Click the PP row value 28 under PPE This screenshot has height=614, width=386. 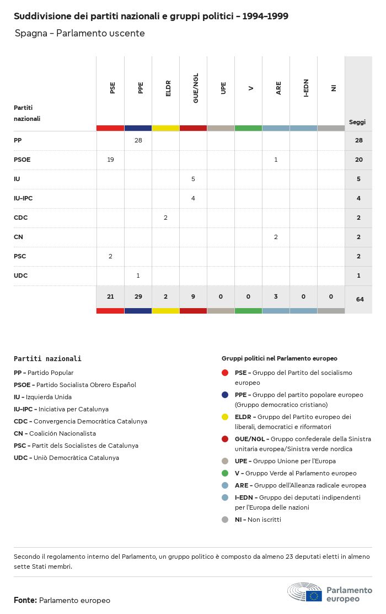tap(138, 140)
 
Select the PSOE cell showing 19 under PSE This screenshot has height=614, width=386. tap(110, 160)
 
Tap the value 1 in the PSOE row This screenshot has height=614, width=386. tap(276, 160)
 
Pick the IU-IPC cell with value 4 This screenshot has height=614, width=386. tap(193, 198)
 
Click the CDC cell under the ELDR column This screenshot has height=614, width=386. tap(165, 218)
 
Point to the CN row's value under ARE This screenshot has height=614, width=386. tap(276, 237)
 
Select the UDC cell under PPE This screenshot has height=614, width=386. tap(138, 276)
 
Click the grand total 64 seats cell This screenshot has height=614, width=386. tap(359, 299)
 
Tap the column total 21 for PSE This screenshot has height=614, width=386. tap(110, 297)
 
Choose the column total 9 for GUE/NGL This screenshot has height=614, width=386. tap(193, 297)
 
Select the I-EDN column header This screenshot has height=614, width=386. tap(306, 88)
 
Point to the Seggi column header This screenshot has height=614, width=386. tap(357, 122)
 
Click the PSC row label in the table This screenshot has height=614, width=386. tap(20, 256)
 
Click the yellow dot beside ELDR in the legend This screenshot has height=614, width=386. tap(225, 417)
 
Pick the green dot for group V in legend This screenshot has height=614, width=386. tap(225, 473)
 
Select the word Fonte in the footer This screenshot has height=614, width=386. tap(25, 600)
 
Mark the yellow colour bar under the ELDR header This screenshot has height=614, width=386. tap(165, 128)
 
